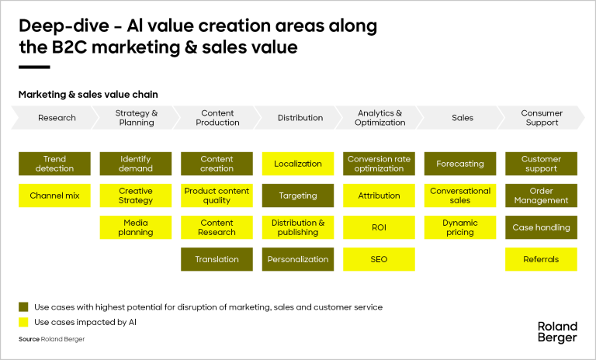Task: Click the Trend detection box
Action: pos(54,164)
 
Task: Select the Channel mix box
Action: pos(54,196)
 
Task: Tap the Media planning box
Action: pos(136,227)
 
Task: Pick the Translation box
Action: pos(217,259)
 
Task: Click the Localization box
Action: pos(298,164)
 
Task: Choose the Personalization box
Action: pos(298,259)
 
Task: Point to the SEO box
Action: pos(379,259)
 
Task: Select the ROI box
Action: pos(379,227)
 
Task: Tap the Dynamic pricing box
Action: pos(460,227)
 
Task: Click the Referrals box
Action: pos(541,259)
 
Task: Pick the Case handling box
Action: pos(541,227)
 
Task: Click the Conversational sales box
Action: pos(460,196)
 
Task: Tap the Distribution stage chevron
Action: pos(300,118)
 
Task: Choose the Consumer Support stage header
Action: pos(542,118)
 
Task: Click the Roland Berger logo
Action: pos(557,331)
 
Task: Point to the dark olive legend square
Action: pos(23,307)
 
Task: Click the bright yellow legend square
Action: pos(23,322)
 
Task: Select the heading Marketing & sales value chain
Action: pos(88,95)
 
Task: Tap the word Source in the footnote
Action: pos(29,340)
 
